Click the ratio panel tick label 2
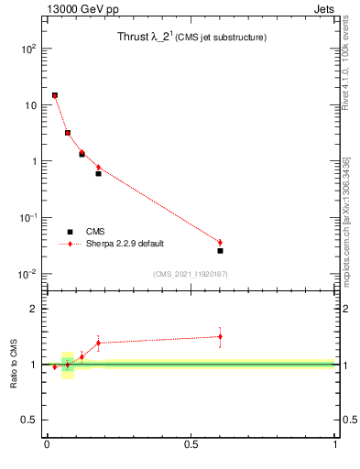[x=33, y=309]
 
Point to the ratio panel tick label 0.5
[x=28, y=420]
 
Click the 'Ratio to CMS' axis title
[x=14, y=365]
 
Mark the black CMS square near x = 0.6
[x=220, y=250]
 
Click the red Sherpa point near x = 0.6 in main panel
[x=220, y=242]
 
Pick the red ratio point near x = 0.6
[x=220, y=336]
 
